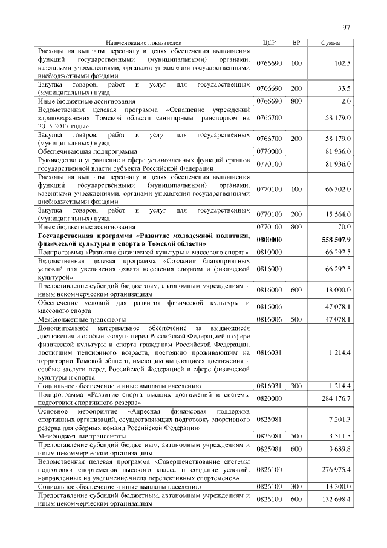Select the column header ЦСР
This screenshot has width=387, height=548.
point(270,42)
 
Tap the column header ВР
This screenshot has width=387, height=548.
point(296,42)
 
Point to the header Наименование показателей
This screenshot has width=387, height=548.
point(144,42)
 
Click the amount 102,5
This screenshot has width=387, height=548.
point(342,63)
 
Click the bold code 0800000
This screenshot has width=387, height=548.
point(270,240)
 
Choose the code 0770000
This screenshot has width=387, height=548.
point(270,151)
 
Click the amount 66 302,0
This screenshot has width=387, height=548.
point(338,190)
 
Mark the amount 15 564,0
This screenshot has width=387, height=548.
point(338,215)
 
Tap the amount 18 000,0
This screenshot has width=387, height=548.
point(338,291)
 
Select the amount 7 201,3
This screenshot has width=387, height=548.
point(340,419)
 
